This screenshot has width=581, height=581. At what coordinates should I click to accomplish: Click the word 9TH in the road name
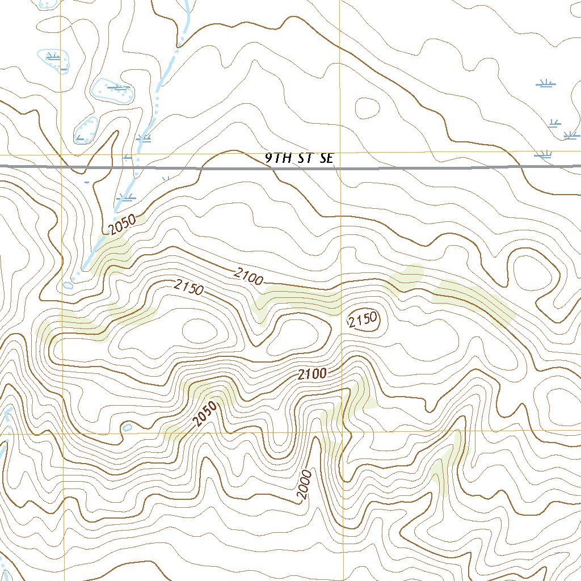coord(278,158)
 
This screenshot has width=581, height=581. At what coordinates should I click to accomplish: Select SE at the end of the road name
coord(326,158)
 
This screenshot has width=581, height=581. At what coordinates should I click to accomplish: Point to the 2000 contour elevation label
coord(305,485)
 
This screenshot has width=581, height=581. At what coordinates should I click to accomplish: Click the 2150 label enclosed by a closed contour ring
coord(363,321)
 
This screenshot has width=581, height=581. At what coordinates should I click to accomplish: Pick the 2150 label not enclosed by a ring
coord(189,288)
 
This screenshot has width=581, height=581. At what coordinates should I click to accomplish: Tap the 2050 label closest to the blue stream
coord(123,226)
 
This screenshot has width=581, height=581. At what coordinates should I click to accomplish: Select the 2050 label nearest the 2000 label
coord(205,414)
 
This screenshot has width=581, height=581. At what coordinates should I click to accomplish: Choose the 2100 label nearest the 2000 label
coord(312,374)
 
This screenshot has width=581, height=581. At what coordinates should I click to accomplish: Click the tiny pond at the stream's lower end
coord(68,285)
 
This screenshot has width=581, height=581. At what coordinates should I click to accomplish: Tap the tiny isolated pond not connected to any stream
coord(127,427)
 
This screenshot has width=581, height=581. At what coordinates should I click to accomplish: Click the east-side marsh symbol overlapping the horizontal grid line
coord(543,154)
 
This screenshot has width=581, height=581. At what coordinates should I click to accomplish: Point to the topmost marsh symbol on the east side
coord(546,84)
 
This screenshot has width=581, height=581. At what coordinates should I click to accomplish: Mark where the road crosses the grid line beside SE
coord(340,167)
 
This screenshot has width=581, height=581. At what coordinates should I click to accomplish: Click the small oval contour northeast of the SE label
coord(367,107)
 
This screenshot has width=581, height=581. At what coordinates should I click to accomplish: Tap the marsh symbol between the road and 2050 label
coord(125,198)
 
